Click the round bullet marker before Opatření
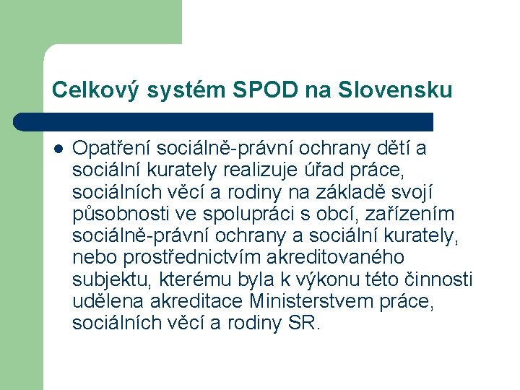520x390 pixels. click(x=58, y=149)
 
